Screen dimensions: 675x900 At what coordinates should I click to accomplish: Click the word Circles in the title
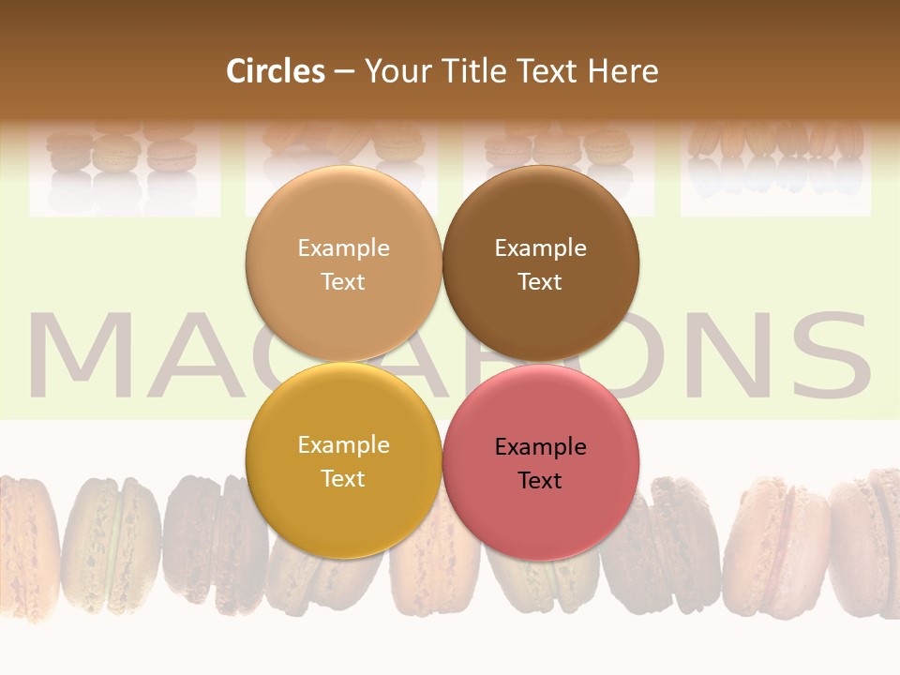coord(275,71)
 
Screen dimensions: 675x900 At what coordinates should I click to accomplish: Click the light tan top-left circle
coord(343,263)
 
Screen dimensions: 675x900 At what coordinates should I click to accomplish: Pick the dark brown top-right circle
coord(540,263)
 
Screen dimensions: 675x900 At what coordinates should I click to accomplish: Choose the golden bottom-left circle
coord(343,460)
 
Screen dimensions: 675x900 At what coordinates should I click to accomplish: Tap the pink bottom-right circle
coord(540,462)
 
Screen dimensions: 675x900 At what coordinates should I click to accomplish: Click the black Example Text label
coord(540,463)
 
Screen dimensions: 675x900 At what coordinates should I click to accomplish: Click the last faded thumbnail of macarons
coord(775,159)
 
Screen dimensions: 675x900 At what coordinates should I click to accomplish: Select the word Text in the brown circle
coord(540,281)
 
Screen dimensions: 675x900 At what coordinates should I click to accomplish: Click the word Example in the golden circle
coord(343,445)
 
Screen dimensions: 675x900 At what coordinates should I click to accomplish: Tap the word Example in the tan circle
coord(343,248)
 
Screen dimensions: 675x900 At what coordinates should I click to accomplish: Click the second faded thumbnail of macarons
coord(341,159)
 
